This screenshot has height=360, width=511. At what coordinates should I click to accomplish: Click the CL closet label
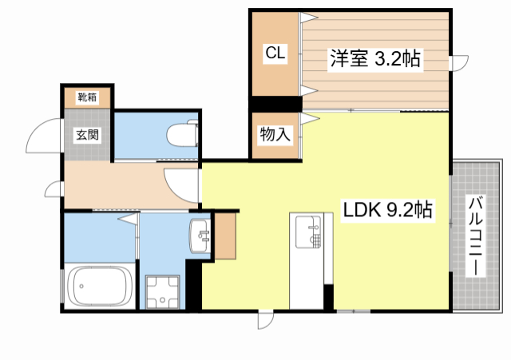tap(275, 53)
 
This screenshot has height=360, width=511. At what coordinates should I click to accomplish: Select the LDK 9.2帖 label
tap(388, 210)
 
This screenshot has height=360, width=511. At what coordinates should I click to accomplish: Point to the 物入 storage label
tap(275, 135)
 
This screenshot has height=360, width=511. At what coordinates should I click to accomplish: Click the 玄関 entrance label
tap(88, 134)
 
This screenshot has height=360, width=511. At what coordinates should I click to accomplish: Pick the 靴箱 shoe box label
tap(87, 97)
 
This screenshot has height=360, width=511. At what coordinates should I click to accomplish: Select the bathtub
tap(100, 287)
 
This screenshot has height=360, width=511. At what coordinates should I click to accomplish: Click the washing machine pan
tap(164, 291)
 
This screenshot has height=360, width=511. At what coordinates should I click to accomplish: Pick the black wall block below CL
tap(275, 104)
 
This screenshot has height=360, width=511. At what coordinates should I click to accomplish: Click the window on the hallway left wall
tap(55, 189)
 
